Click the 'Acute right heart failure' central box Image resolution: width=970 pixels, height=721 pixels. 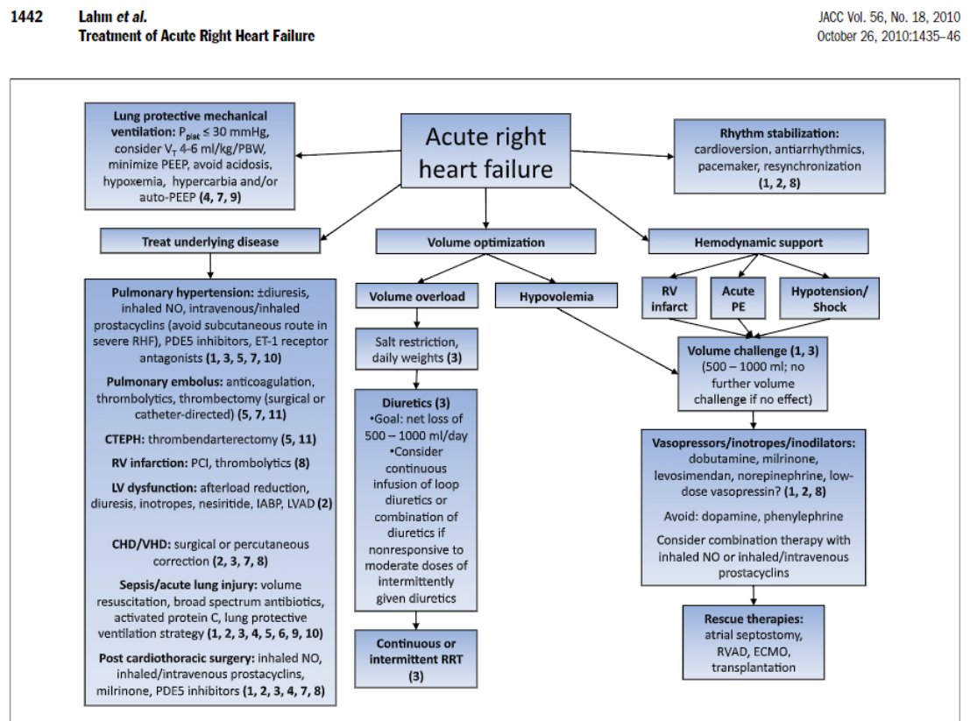485,151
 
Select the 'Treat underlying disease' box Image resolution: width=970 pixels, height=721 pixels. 209,241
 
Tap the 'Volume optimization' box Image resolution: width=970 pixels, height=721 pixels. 485,241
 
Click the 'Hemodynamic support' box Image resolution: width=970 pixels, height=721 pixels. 759,241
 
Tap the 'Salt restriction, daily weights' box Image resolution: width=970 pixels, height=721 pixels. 415,350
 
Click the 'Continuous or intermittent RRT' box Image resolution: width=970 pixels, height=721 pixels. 415,658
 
